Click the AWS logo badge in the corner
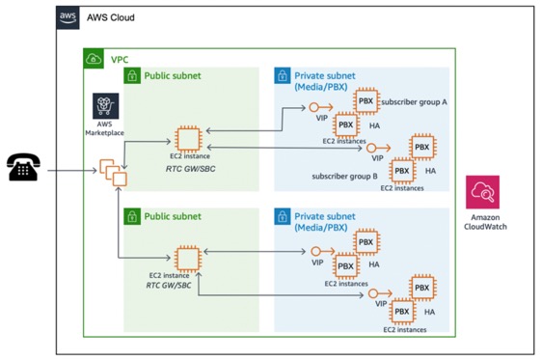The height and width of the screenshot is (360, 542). [68, 17]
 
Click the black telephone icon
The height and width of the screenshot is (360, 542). [23, 168]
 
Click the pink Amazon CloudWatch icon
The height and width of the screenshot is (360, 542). [482, 193]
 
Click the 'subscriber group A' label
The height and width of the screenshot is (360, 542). [414, 101]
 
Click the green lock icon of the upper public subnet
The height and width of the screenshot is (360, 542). [133, 75]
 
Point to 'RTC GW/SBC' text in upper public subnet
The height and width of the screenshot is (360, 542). [189, 167]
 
